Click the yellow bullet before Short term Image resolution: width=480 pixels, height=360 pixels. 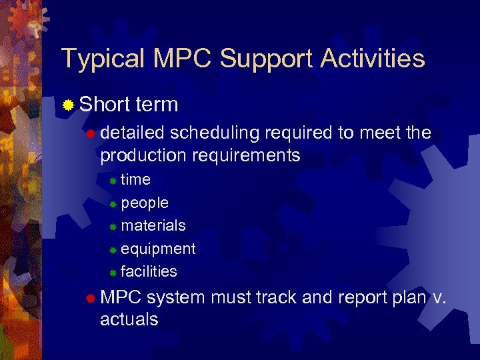(x=68, y=105)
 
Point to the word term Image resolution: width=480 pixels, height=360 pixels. (x=156, y=105)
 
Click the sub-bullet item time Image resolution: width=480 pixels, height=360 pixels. (x=135, y=179)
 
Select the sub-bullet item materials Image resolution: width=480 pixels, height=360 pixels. (x=153, y=225)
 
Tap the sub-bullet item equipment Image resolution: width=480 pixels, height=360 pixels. (x=158, y=249)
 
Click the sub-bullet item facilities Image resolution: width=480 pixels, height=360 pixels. (x=149, y=271)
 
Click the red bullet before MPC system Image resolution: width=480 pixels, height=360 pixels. (x=91, y=298)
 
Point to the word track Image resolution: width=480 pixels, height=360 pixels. (x=280, y=297)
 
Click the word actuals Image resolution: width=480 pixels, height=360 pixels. (x=129, y=319)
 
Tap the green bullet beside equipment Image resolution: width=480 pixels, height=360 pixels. (x=113, y=250)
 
